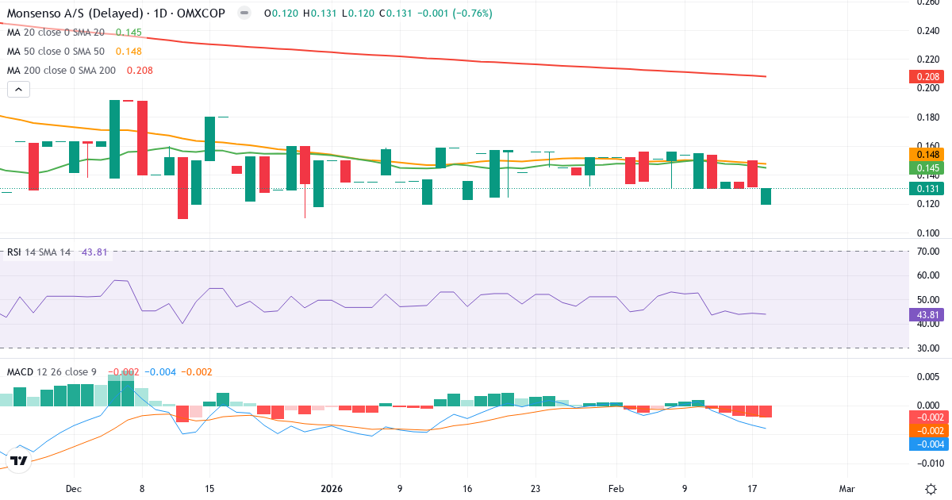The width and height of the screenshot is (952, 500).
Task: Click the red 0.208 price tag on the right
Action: pos(927,77)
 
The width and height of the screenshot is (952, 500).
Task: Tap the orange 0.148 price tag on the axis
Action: pos(927,154)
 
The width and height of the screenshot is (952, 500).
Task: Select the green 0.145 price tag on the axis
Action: pos(927,167)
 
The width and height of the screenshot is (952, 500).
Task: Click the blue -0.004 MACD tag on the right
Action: pos(926,444)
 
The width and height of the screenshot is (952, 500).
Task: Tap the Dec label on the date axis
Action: pos(74,489)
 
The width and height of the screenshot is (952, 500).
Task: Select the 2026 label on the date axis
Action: pos(332,489)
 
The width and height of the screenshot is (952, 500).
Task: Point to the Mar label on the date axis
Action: pos(847,489)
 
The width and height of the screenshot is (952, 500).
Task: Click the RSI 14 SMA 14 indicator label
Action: pos(39,252)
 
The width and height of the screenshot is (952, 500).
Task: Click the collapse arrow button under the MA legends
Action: pos(18,90)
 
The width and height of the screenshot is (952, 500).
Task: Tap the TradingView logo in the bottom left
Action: pos(20,460)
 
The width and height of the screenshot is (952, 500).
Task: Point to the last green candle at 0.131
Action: pos(766,197)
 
